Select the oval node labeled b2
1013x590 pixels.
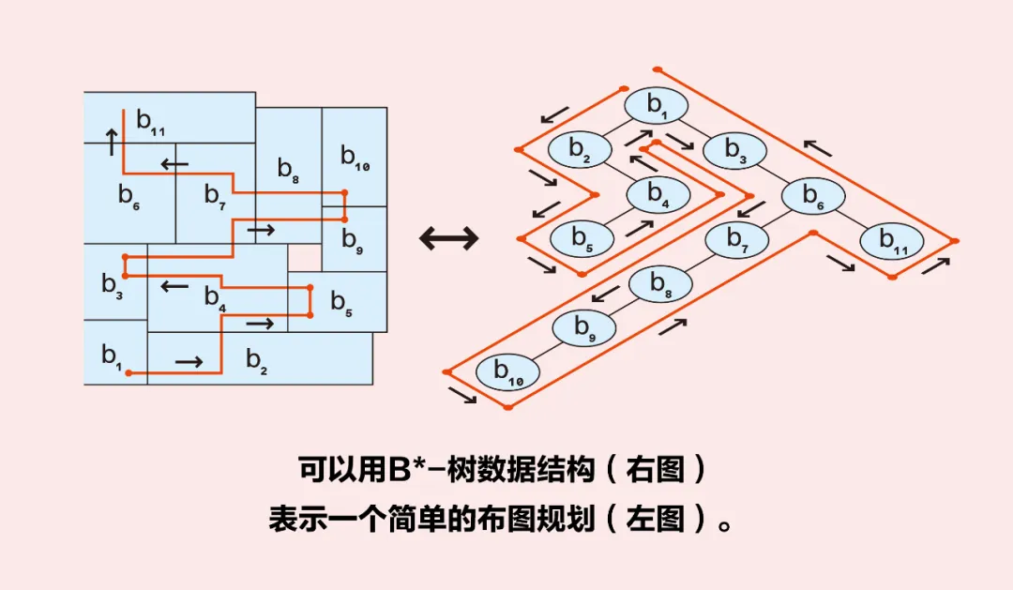click(x=579, y=149)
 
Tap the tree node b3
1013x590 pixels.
click(x=734, y=150)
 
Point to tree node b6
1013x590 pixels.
click(x=812, y=195)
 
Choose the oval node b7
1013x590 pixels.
click(x=736, y=239)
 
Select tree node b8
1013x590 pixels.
click(x=659, y=283)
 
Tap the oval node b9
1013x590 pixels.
click(x=582, y=328)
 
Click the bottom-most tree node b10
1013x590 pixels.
click(x=507, y=372)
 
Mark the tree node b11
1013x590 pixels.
click(x=891, y=240)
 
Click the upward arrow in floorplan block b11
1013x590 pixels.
click(x=112, y=142)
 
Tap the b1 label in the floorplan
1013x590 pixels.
click(x=112, y=356)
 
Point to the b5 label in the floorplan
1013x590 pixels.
click(x=340, y=303)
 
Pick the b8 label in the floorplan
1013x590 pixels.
click(x=288, y=170)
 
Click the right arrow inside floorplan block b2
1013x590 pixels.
click(x=189, y=361)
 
